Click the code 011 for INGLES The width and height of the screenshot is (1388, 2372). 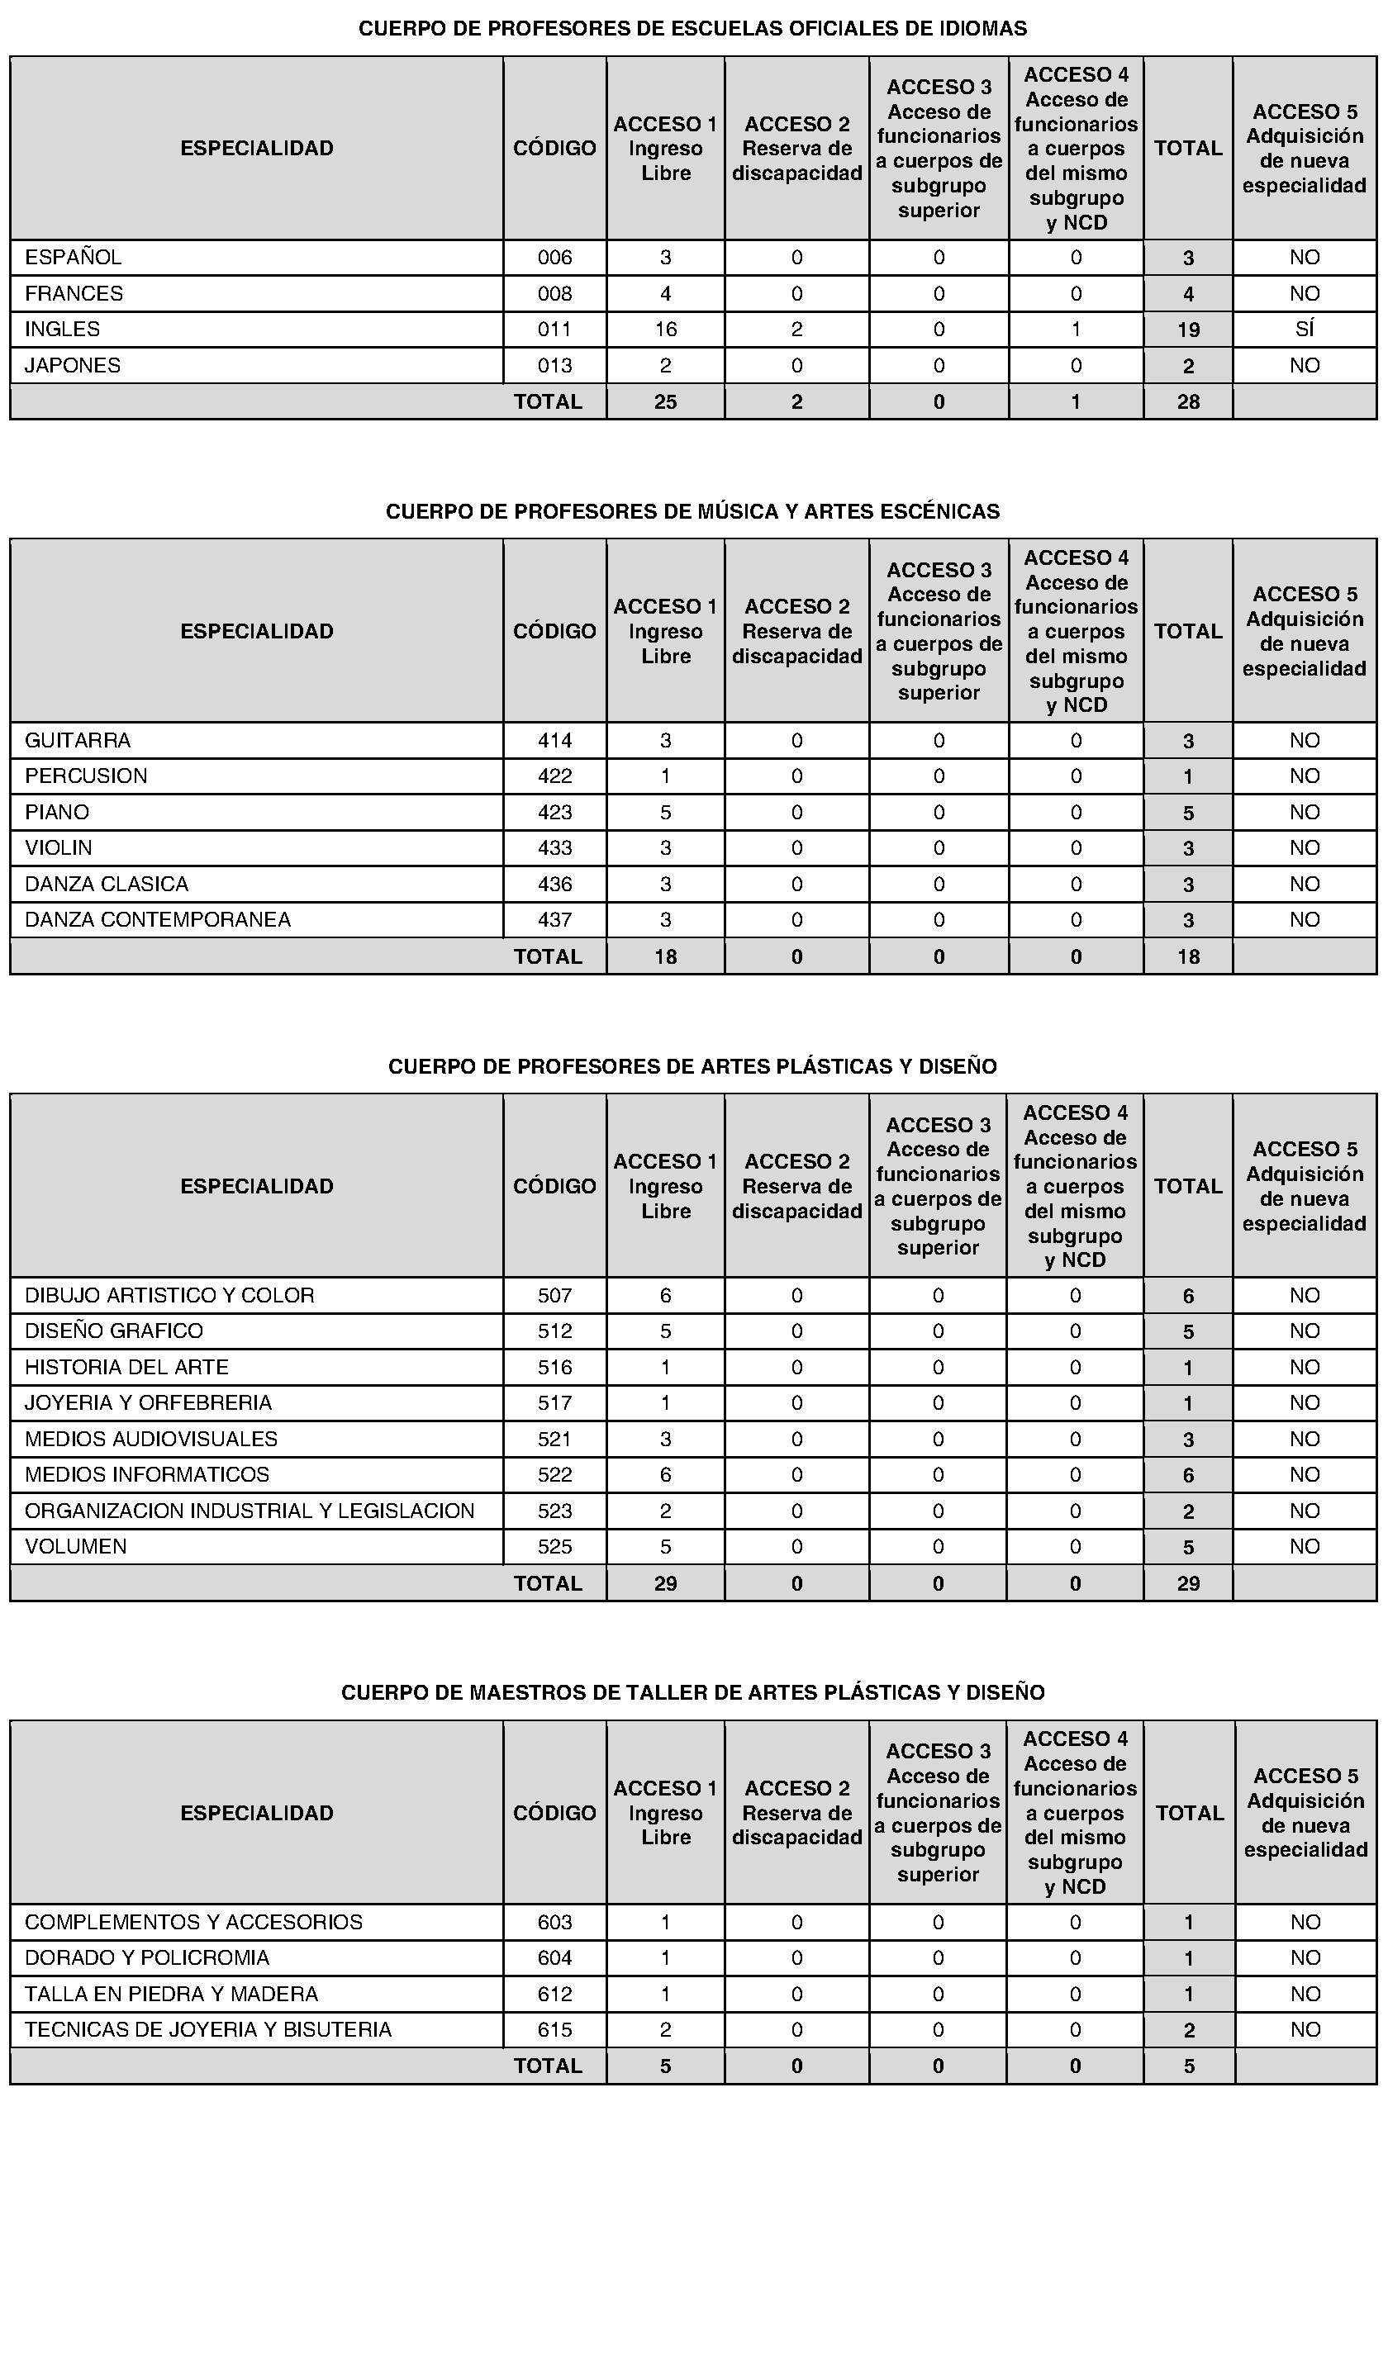pos(554,330)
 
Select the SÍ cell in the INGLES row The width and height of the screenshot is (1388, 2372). pos(1305,330)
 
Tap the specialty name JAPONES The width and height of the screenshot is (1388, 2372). pos(73,365)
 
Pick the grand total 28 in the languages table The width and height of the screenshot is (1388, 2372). pos(1188,402)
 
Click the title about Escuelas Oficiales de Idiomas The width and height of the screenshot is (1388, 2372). pos(692,29)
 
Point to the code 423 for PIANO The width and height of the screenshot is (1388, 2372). pos(554,813)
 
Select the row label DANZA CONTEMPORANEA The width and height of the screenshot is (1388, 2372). pos(157,919)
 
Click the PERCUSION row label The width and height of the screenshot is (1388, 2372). pos(86,776)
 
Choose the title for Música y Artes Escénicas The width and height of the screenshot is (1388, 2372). pos(692,512)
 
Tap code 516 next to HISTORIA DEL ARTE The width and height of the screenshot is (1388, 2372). pos(554,1368)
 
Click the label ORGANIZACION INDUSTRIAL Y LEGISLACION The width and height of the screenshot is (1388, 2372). pos(250,1511)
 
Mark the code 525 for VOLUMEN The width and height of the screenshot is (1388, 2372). pos(554,1546)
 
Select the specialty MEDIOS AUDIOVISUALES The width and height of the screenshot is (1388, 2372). pos(150,1440)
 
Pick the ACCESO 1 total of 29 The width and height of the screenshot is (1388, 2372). pos(666,1583)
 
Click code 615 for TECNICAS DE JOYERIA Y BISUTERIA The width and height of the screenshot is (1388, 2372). pos(554,2030)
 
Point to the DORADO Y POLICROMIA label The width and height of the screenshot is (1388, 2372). pos(147,1958)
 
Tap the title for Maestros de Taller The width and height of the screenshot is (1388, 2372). pos(692,1692)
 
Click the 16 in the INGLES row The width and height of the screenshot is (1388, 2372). pos(666,330)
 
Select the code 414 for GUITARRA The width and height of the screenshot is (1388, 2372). pos(554,741)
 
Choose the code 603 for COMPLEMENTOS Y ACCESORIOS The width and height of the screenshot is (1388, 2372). pos(554,1922)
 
